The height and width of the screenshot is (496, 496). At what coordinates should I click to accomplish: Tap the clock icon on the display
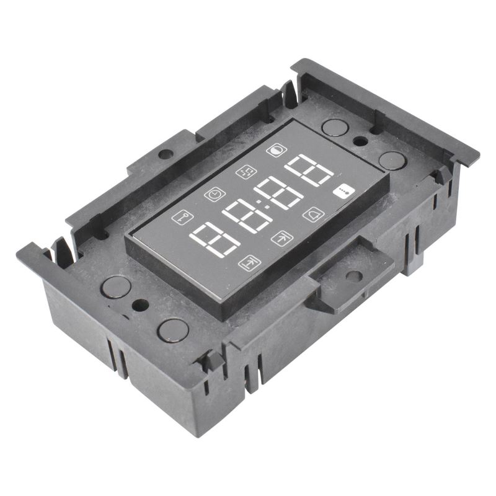coord(215,194)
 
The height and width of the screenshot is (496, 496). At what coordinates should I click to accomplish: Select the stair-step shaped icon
coord(246,172)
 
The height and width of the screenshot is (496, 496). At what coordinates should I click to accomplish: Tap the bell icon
coord(313,214)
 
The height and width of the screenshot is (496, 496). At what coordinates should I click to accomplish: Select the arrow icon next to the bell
coord(281,239)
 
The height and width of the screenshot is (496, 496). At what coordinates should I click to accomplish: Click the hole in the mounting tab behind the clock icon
coord(165,153)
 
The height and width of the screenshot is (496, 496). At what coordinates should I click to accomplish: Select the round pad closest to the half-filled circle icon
coord(335,128)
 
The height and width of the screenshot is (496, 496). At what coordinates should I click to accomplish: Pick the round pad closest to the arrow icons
coord(173,330)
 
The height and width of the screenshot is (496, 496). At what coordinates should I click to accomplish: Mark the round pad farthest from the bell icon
coord(116,286)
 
